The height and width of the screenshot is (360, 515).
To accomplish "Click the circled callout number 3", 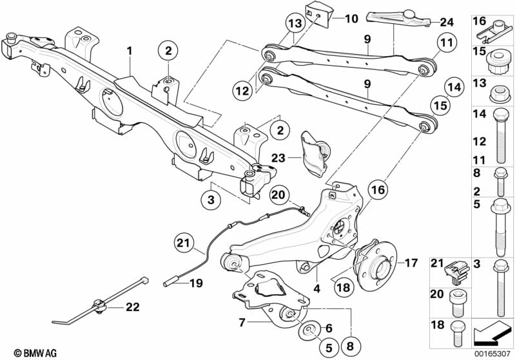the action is click(211, 199).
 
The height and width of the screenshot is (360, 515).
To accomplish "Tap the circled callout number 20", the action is click(278, 195).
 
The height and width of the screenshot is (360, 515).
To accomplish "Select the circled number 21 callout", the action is click(184, 243).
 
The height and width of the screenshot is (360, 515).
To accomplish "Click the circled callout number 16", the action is click(378, 190).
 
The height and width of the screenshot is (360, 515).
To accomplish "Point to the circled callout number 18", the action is click(344, 288).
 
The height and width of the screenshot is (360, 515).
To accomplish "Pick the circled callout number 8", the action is click(350, 346).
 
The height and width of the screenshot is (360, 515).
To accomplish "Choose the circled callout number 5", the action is click(329, 347).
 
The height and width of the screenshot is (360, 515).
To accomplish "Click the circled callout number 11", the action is click(447, 43).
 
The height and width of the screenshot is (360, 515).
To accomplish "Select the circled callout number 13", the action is click(295, 24).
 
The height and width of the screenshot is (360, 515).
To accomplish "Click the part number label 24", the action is click(447, 23).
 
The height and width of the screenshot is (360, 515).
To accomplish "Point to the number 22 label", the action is click(132, 307).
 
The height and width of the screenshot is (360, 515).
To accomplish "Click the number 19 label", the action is click(196, 283).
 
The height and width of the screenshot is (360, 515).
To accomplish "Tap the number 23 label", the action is click(278, 158).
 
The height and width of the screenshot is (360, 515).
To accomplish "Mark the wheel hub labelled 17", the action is click(374, 265).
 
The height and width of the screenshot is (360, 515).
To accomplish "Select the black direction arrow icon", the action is click(491, 333).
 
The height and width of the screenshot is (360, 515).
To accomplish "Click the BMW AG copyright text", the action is click(35, 353).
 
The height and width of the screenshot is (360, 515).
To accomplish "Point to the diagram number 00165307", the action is click(492, 355).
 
